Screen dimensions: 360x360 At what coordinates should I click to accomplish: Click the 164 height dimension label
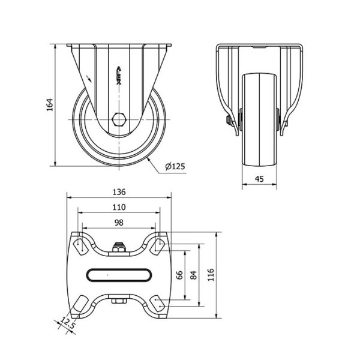pos(50,104)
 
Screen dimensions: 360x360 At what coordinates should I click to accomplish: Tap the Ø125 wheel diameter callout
pos(175,166)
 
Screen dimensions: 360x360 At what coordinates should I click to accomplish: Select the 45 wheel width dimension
pos(259,179)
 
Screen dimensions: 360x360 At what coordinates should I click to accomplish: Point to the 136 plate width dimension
pos(119,192)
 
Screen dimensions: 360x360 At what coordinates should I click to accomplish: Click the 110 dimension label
pos(119,208)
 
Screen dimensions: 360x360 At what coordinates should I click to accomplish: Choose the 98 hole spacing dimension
pos(119,223)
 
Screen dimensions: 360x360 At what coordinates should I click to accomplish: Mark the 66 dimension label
pos(179,275)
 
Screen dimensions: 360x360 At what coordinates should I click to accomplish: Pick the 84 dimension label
pos(194,275)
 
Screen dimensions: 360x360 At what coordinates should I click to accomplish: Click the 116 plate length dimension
pos(211,274)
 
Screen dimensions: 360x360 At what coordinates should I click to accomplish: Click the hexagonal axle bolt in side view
pos(119,119)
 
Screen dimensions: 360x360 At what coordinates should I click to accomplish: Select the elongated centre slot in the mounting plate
pos(119,275)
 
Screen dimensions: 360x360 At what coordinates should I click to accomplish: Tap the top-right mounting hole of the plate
pos(158,246)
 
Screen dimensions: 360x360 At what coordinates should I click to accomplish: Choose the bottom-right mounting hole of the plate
pos(158,304)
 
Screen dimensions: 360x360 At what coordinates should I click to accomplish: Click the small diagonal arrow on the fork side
pos(89,78)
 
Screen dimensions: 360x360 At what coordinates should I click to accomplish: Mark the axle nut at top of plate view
pos(119,247)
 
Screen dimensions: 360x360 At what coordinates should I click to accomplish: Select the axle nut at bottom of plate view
pos(119,301)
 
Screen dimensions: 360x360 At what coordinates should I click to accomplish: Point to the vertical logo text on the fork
pos(119,76)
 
